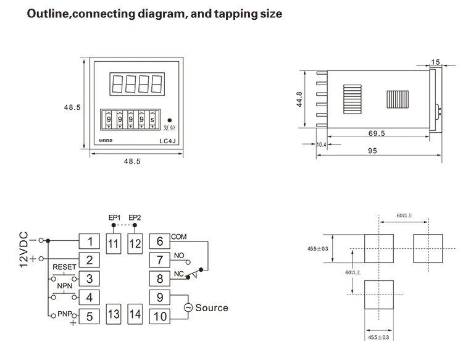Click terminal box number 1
(91, 241)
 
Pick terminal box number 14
(136, 314)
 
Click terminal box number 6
(159, 241)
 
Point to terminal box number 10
(159, 317)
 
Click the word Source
(212, 308)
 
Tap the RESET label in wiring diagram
(65, 267)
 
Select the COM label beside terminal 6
(178, 237)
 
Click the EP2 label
(135, 217)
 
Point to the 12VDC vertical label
(25, 246)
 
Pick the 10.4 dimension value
(321, 144)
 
